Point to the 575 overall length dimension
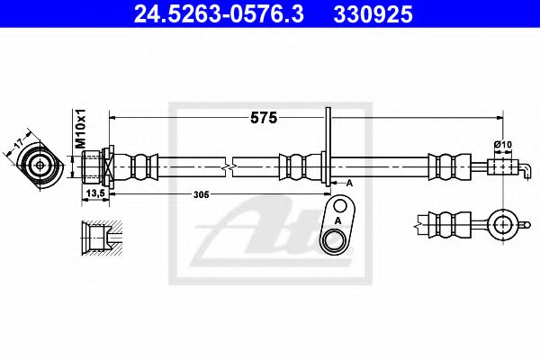click(263, 118)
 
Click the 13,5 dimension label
click(93, 193)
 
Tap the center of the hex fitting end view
click(40, 166)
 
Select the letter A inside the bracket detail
click(337, 220)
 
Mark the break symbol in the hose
click(231, 166)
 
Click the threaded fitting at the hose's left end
click(94, 166)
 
